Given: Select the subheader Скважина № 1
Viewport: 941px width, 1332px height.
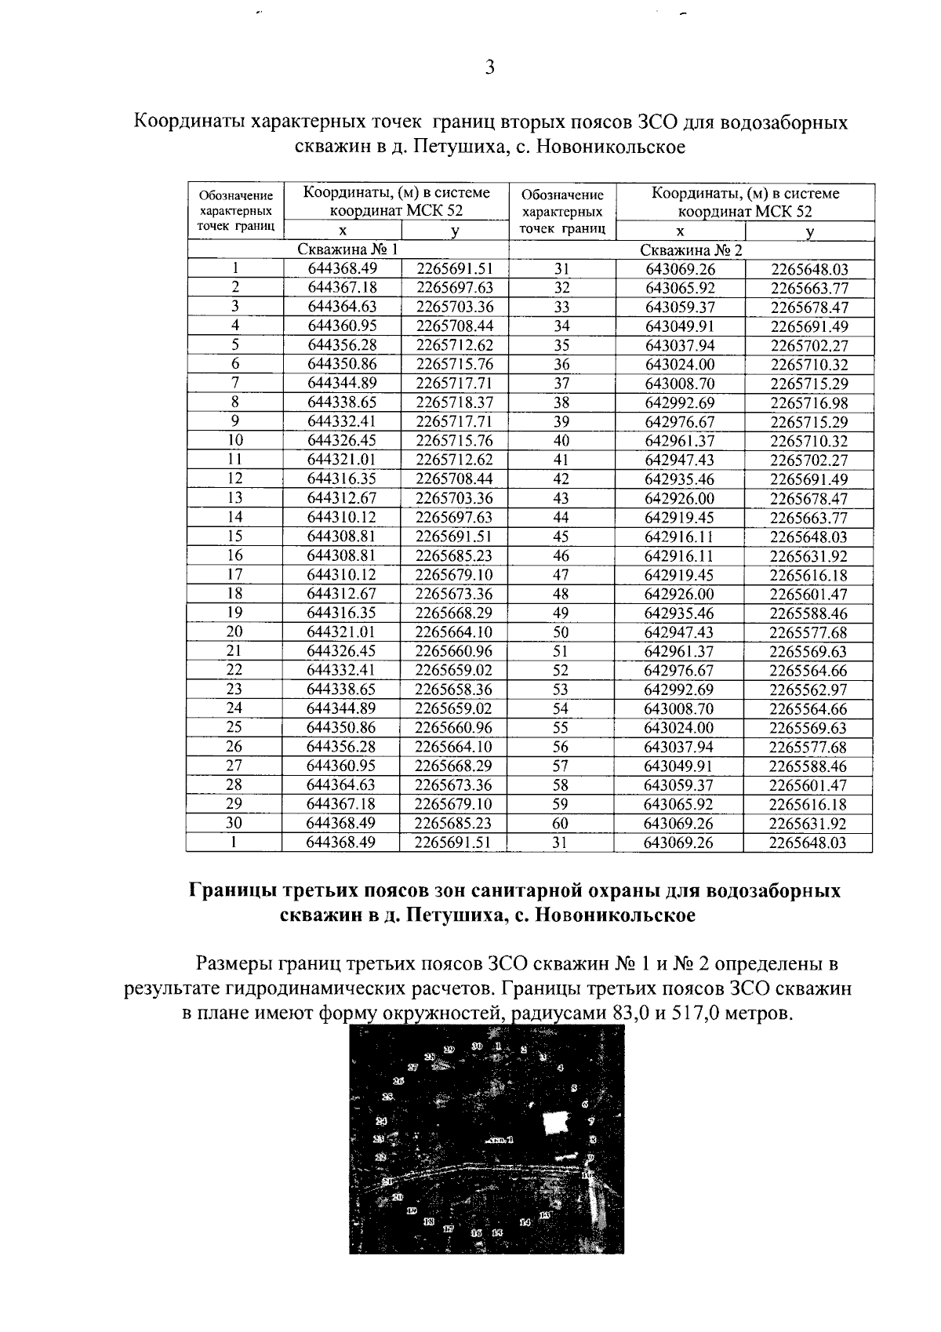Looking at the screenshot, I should click(347, 250).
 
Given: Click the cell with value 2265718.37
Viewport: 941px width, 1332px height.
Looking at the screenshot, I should click(454, 403).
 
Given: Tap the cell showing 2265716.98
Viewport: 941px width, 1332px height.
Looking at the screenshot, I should click(808, 403).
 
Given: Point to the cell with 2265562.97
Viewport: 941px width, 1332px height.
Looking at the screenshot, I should click(808, 690).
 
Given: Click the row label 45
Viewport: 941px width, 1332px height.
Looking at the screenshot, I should click(561, 537).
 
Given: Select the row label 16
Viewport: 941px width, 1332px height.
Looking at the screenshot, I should click(234, 555).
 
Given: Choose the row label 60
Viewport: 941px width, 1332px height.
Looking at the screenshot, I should click(561, 824).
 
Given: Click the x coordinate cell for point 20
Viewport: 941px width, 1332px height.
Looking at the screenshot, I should click(341, 632).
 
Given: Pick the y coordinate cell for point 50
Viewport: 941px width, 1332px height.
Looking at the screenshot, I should click(808, 633).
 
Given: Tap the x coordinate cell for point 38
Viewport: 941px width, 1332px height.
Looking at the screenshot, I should click(679, 403).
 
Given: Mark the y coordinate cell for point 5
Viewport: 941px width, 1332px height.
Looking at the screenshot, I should click(454, 346).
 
